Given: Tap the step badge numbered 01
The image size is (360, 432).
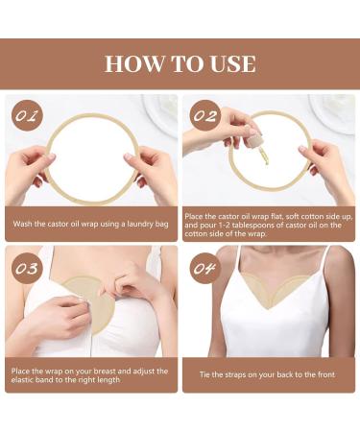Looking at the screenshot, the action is [x=27, y=115].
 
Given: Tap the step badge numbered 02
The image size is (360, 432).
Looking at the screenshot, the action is [x=205, y=115].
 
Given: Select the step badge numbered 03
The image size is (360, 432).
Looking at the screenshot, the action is [x=27, y=268].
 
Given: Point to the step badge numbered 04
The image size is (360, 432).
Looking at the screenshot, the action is [x=205, y=268].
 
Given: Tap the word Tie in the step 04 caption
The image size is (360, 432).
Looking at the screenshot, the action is [x=204, y=374].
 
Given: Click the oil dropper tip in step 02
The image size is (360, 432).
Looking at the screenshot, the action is [x=266, y=162].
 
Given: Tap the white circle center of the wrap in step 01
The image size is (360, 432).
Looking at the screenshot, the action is [x=92, y=158].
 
